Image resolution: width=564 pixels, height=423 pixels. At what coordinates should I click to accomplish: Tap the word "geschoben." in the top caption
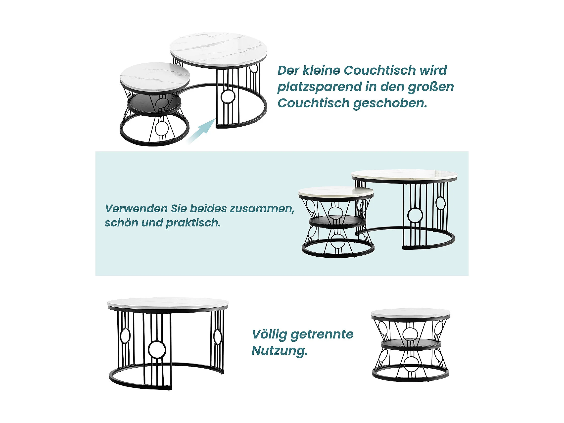(x=390, y=103)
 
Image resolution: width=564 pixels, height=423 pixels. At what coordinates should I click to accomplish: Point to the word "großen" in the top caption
(x=431, y=87)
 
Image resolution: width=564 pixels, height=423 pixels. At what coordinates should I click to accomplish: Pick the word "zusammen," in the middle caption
(x=262, y=209)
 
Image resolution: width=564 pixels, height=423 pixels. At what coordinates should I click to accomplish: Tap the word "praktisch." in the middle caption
(x=193, y=223)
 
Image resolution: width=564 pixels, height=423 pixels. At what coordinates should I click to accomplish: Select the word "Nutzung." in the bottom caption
(x=280, y=351)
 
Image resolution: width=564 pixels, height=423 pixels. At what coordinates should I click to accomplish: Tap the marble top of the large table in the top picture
(x=218, y=48)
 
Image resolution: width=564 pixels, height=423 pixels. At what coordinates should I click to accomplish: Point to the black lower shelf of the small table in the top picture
(x=154, y=104)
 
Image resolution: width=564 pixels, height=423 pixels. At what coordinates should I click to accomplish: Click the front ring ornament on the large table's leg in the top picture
(x=228, y=96)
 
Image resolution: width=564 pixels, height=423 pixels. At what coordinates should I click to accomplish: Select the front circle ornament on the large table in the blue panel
(x=415, y=215)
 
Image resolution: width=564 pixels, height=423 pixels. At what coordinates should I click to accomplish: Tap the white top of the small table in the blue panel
(x=336, y=192)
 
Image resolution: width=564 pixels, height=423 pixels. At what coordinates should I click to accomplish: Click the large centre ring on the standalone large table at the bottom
(x=157, y=349)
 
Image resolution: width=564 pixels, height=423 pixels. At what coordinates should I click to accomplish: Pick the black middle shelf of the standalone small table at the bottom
(x=411, y=344)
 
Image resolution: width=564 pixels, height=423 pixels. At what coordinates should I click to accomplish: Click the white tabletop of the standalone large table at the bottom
(x=168, y=303)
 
